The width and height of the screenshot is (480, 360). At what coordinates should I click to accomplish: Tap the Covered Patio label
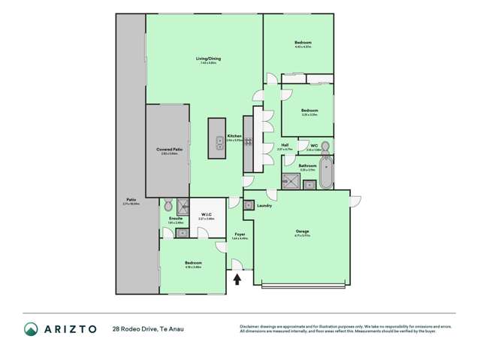(169, 150)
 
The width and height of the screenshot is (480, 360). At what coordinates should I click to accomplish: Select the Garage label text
(303, 231)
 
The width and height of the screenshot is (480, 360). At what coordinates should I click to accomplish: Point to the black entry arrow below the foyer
(238, 280)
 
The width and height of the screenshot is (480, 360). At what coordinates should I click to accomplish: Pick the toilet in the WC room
(325, 145)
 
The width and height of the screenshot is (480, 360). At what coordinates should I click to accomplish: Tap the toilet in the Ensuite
(168, 204)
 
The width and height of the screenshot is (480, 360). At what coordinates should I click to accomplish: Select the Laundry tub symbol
(249, 205)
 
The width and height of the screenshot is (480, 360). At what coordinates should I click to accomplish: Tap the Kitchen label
(234, 136)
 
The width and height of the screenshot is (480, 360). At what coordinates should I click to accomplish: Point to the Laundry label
(264, 205)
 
